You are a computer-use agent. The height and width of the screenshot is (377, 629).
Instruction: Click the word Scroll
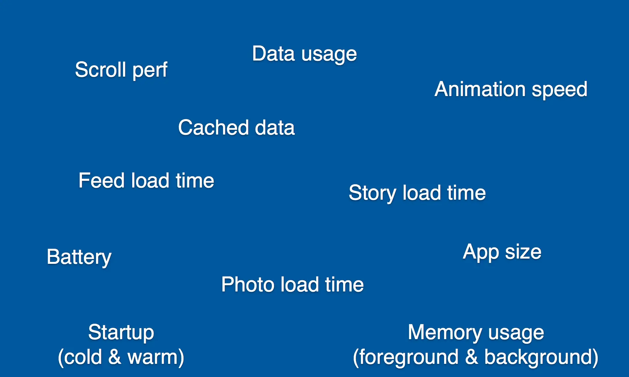click(101, 69)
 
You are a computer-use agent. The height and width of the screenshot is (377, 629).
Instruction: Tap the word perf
click(150, 70)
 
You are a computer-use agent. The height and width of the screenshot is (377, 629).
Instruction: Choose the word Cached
click(213, 127)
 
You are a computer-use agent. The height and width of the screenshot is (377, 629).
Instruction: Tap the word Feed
click(102, 181)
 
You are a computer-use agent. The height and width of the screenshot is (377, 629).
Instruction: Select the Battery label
click(79, 257)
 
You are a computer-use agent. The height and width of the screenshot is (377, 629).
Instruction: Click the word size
click(523, 252)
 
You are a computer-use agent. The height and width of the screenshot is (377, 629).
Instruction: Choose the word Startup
click(121, 333)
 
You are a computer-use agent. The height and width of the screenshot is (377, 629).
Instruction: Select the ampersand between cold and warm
click(114, 357)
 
